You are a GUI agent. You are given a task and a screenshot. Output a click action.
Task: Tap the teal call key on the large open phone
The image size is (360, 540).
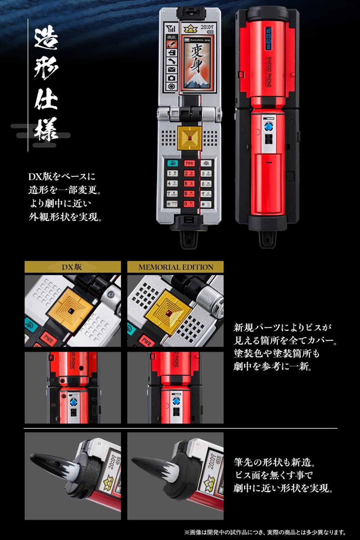click(172, 163)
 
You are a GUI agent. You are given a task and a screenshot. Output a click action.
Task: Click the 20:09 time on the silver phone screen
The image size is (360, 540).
click(207, 27)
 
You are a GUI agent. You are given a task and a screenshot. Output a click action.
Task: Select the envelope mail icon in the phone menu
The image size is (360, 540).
click(172, 70)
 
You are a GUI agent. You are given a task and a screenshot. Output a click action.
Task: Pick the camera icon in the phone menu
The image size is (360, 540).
click(172, 78)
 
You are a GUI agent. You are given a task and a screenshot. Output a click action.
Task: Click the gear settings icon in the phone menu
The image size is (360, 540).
click(172, 86)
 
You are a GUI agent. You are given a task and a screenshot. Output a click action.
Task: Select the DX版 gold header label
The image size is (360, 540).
click(72, 267)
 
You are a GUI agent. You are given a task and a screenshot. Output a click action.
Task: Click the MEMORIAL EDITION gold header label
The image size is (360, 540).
click(176, 267)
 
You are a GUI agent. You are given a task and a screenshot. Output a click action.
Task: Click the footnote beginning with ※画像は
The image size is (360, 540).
click(265, 532)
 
